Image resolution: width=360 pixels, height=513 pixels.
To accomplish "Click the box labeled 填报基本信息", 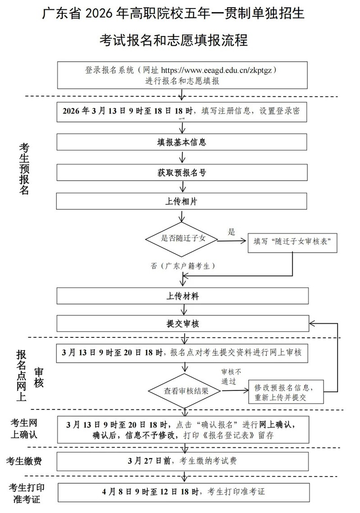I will pos(182,142).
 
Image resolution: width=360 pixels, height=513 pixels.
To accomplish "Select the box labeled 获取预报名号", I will pos(182,172).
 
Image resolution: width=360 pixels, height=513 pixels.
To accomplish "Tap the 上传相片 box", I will pos(182,202).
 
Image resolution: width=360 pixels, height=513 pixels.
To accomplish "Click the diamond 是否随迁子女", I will pos(182,238).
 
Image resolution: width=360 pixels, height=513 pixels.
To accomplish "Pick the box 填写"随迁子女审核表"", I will pos(293,241).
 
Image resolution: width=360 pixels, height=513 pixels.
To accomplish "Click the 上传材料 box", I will pos(182,296).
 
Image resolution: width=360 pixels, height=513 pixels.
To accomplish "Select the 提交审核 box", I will pos(182,323).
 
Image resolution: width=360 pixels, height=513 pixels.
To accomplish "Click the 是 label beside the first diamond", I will pos(232,232).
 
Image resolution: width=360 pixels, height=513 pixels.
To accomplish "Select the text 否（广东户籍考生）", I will pos(182,266).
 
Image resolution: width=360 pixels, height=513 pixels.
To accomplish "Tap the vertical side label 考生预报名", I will pos(24,168).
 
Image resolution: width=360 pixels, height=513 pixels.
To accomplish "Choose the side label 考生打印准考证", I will pos(27,493).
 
